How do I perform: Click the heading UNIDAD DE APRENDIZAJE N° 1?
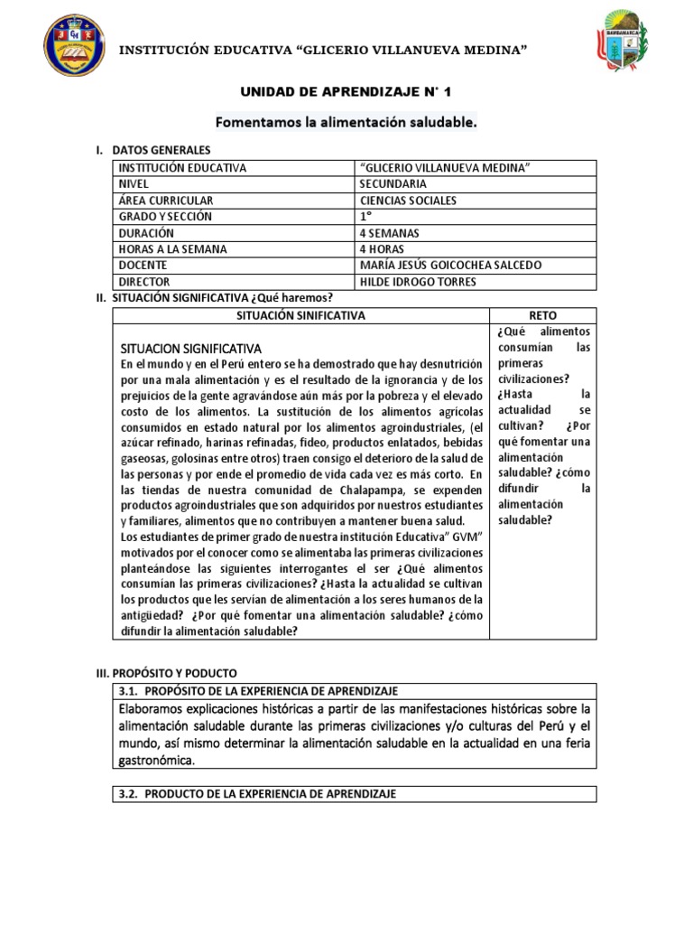[x=346, y=92]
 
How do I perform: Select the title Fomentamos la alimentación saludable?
[x=346, y=121]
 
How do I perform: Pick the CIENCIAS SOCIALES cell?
[x=408, y=201]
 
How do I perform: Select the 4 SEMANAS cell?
[x=390, y=233]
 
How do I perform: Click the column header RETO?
[x=543, y=315]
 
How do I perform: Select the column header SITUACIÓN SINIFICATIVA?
[x=300, y=315]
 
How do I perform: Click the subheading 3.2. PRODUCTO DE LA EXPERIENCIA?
[x=257, y=794]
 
